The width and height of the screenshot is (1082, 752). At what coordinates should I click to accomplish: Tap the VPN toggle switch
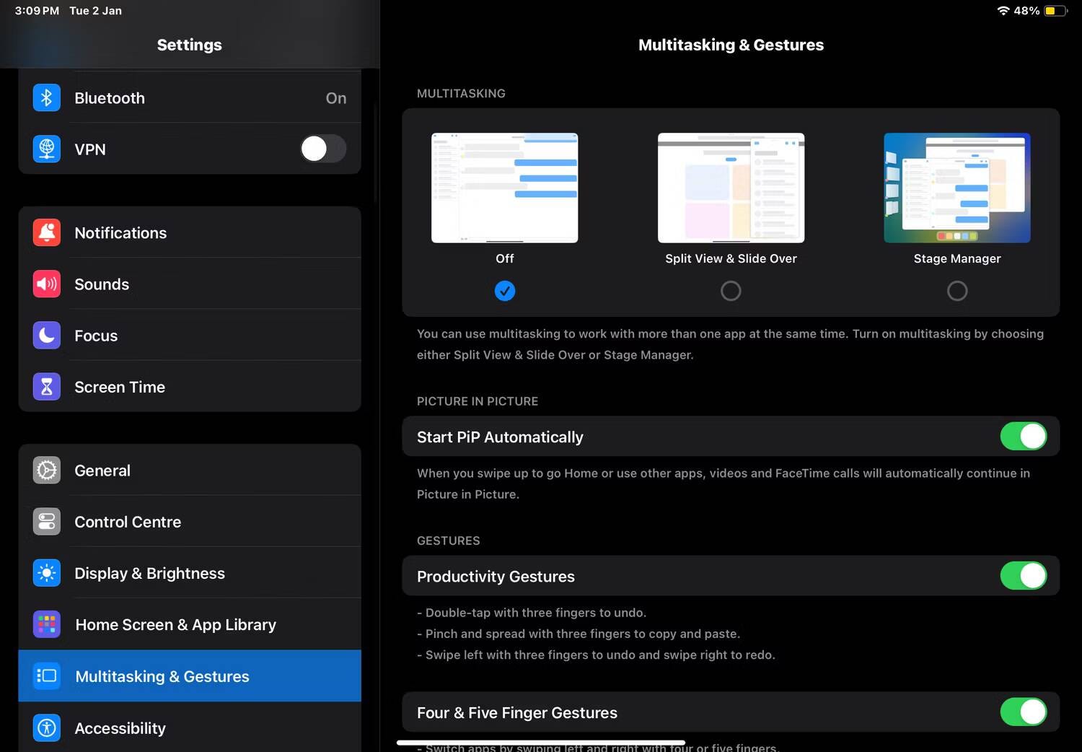coord(322,149)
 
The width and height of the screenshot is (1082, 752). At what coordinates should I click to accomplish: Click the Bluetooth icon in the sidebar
coord(47,97)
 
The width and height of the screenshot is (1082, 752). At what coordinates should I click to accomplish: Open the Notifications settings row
coord(190,232)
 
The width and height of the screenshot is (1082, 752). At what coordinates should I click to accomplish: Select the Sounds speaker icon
coord(47,284)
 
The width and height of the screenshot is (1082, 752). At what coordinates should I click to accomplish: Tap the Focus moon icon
coord(47,335)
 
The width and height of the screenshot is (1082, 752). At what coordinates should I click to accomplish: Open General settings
coord(190,471)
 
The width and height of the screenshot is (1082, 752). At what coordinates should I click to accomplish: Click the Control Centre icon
coord(47,522)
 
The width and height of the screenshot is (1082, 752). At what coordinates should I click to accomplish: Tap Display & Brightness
coord(190,573)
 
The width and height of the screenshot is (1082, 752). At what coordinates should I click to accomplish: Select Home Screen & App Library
coord(190,624)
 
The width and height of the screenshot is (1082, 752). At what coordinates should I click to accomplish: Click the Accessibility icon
coord(47,727)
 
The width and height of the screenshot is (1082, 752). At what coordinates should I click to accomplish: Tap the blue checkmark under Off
coord(505,291)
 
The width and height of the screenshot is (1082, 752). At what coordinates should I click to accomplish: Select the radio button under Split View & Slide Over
coord(731,291)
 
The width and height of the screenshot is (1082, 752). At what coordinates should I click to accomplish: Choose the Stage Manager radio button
coord(957,291)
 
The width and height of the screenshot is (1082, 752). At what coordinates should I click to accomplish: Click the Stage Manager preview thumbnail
coord(957,188)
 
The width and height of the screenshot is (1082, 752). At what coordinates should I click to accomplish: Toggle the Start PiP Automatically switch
coord(1023,436)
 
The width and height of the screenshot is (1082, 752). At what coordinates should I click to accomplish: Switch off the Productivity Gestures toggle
coord(1023,576)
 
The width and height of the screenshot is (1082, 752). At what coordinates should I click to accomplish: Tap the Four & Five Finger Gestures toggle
coord(1023,712)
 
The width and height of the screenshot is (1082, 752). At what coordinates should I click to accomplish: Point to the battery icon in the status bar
coord(1055,11)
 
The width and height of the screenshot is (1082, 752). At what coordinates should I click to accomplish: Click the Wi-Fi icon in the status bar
coord(1003,11)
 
